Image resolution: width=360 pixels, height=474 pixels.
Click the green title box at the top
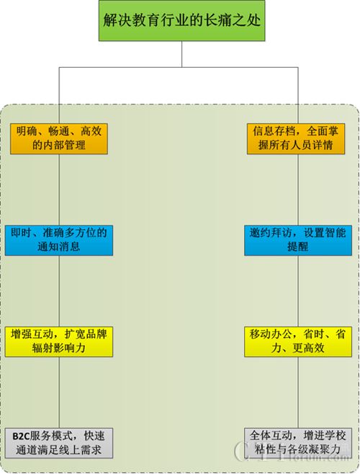tap(181, 21)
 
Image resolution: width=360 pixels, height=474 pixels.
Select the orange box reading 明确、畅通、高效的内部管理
tap(59, 139)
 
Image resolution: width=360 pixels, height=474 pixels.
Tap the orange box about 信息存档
tap(296, 139)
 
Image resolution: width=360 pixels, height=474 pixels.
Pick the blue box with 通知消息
tap(59, 241)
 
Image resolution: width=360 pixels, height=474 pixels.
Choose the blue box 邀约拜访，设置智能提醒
tap(298, 241)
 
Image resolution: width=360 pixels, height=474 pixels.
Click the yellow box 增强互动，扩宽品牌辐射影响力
tap(59, 341)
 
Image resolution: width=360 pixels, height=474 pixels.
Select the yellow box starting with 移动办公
tap(298, 341)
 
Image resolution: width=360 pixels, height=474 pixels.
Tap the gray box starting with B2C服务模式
tap(59, 443)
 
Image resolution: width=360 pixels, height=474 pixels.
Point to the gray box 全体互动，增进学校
tap(298, 443)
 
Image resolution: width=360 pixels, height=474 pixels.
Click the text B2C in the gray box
tap(20, 437)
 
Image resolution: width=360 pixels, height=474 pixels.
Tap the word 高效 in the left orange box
tap(91, 132)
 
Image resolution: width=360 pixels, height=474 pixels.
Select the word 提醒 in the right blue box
tap(298, 247)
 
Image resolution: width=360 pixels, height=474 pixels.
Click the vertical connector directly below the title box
tap(181, 54)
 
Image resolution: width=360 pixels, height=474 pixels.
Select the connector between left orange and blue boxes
tap(59, 190)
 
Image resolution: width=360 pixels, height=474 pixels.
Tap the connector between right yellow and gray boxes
tap(298, 393)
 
